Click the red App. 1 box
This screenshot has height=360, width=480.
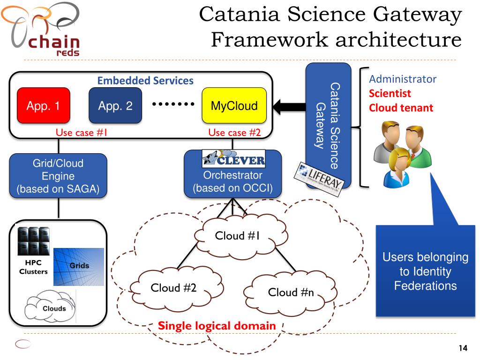point(43,106)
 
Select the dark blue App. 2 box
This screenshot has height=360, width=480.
point(115,106)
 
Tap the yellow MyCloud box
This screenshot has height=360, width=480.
point(234,106)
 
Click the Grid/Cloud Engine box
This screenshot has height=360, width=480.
point(58,176)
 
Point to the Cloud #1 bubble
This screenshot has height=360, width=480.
point(237,236)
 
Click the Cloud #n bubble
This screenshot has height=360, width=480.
point(291,292)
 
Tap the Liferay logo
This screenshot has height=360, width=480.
point(319,178)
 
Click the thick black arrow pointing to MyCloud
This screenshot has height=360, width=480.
point(289,106)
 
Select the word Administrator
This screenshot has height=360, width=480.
point(403,79)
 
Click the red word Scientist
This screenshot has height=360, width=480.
point(390,93)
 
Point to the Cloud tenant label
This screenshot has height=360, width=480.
point(401,108)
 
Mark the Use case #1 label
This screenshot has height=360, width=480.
point(82,133)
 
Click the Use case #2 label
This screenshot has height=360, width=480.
point(234,133)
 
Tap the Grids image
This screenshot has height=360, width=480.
point(79,266)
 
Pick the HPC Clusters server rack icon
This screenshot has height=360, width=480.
point(33,241)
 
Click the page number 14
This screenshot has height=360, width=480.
point(463,348)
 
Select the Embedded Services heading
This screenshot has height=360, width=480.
point(145,81)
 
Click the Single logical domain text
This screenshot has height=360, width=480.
point(217,325)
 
